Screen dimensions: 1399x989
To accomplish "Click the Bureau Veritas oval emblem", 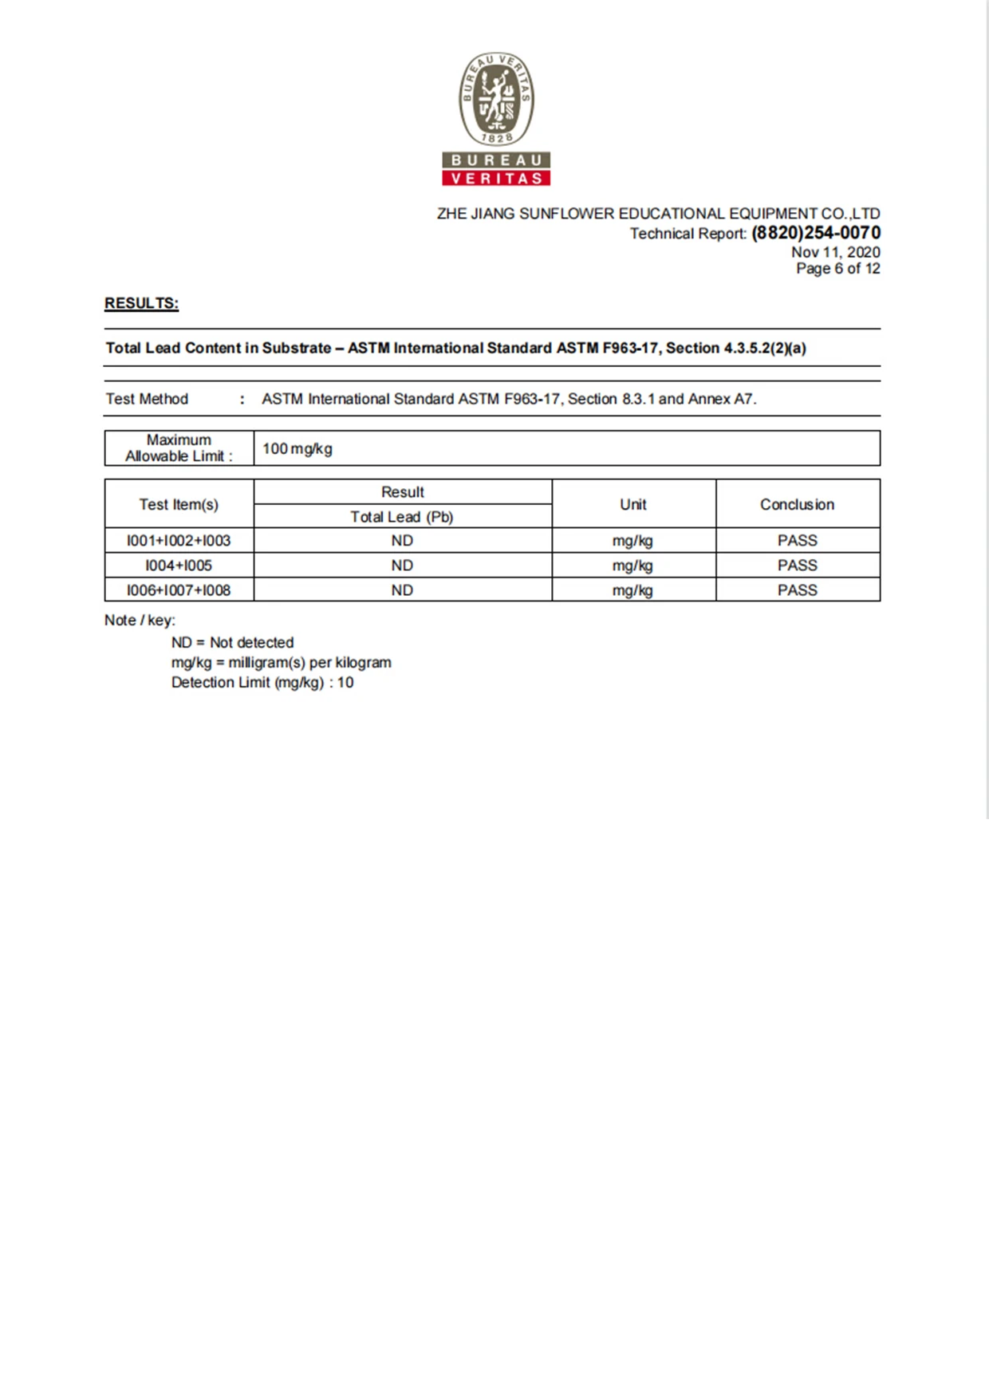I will [x=496, y=99].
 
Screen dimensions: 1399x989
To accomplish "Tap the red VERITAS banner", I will [x=496, y=178].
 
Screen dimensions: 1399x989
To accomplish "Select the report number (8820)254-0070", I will [x=816, y=233].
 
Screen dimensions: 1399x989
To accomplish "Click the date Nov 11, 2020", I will [x=835, y=252].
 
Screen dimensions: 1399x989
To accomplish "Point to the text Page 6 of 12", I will [x=837, y=269].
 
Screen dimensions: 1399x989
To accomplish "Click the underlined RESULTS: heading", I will [x=141, y=303].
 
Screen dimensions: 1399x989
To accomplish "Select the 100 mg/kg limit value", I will [x=297, y=449].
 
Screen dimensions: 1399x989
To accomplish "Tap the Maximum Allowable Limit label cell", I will [x=179, y=448].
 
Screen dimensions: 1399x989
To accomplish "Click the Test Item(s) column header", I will [x=179, y=504].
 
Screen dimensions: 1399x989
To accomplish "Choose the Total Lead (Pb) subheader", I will [x=402, y=517].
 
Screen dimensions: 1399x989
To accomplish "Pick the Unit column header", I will [x=633, y=504].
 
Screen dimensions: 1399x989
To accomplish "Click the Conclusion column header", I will [x=797, y=504].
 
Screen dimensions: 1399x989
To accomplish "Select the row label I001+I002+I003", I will [x=179, y=541].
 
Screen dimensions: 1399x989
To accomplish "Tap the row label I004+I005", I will [x=179, y=566].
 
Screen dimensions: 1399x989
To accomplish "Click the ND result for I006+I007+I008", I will [x=402, y=590].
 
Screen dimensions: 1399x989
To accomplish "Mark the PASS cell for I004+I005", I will [x=797, y=566].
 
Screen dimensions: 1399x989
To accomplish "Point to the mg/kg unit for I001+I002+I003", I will [x=632, y=541].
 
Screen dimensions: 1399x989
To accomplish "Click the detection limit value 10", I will [x=345, y=683].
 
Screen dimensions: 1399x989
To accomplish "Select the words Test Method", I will [x=147, y=399].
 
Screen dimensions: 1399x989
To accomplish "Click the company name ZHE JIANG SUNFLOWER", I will [x=526, y=214].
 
